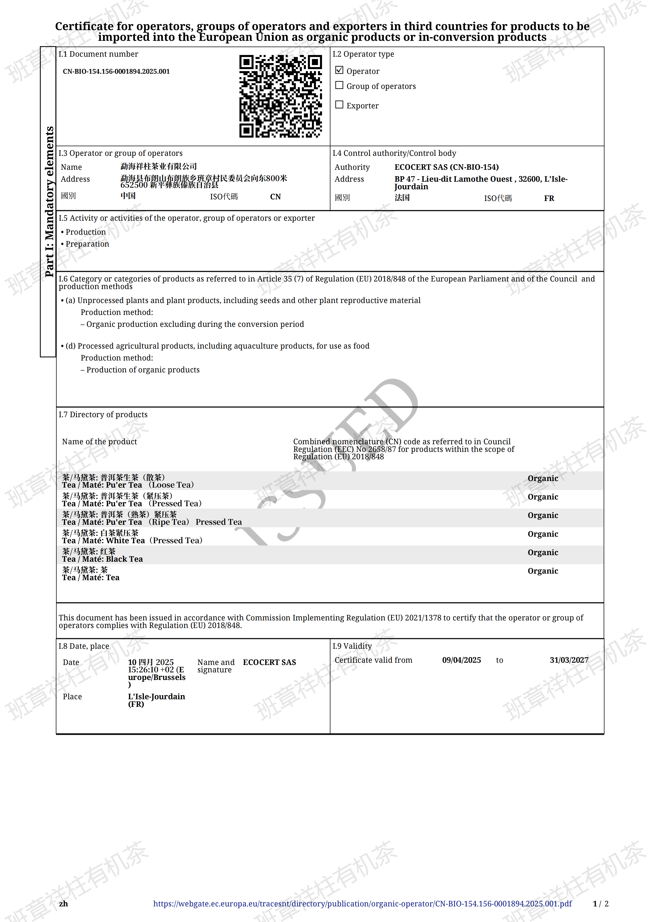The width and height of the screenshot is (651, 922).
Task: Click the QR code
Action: tap(280, 96)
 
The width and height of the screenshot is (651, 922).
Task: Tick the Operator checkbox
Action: tap(339, 70)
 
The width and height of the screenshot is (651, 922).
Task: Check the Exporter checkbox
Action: tap(339, 105)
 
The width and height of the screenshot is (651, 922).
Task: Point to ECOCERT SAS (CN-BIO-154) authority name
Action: tap(446, 167)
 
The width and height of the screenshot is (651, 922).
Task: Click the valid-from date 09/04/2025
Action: tap(461, 660)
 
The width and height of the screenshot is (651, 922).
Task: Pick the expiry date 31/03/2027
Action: tap(569, 660)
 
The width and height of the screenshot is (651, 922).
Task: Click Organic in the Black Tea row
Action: tap(543, 552)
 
